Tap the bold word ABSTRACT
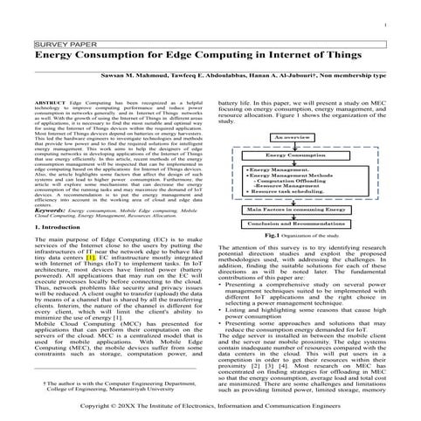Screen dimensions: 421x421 (48, 102)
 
